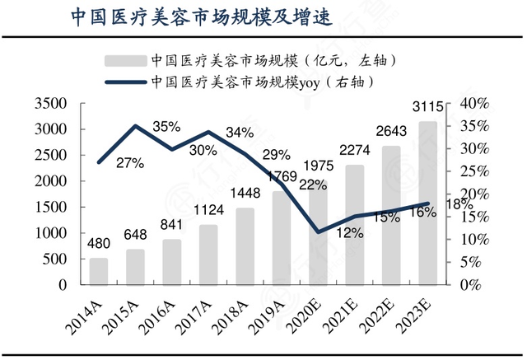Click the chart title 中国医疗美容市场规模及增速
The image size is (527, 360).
190,18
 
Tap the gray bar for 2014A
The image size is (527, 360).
98,271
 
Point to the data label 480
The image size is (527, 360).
98,244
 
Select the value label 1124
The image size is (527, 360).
208,211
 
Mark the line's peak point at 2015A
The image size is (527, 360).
135,126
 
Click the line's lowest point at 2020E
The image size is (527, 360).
318,231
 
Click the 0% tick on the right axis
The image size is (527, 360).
471,284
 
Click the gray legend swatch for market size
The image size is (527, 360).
124,60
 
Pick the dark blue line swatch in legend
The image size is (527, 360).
124,82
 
